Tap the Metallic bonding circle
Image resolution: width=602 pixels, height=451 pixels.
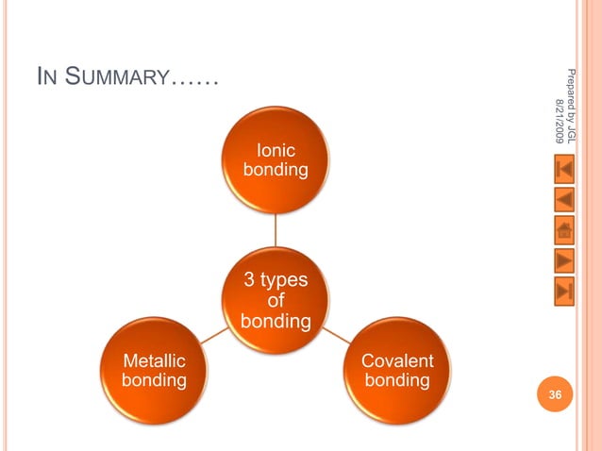coord(154,371)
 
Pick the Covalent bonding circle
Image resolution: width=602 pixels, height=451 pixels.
coord(397,371)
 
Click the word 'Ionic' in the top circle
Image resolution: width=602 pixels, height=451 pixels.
coord(276,149)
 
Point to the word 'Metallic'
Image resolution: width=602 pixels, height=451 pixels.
coord(154,360)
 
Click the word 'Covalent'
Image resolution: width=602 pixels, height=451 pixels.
coord(397,360)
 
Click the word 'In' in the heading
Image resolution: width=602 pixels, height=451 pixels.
coord(45,78)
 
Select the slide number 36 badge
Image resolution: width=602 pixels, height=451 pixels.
coord(556,395)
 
